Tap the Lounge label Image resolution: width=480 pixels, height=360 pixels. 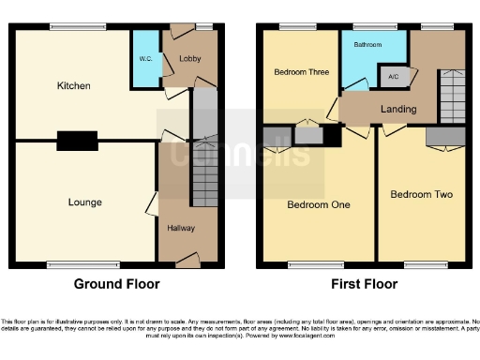[84, 202]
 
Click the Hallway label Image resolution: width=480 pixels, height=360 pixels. [181, 228]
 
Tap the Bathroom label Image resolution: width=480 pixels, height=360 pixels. [367, 45]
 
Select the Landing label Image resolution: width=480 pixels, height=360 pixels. [398, 110]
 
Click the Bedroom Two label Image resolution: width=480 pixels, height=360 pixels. [421, 195]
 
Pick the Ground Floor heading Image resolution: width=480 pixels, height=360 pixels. [116, 284]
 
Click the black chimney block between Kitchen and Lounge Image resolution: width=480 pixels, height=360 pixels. [76, 141]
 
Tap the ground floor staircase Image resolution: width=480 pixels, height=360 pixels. [205, 173]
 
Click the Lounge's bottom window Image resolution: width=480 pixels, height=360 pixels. [71, 263]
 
